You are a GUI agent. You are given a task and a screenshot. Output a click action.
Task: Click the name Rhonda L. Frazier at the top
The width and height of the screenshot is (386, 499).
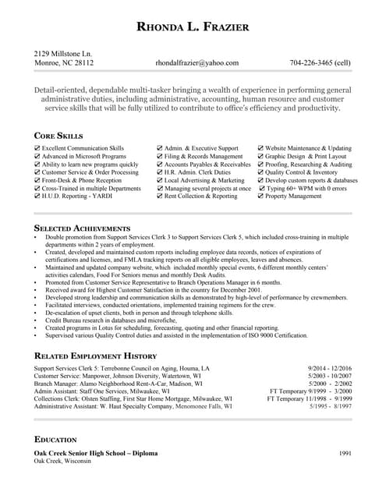[193, 28]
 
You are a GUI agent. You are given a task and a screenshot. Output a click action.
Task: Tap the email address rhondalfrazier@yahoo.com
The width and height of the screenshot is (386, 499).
[197, 63]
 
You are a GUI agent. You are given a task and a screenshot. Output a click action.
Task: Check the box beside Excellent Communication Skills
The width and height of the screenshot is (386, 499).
[38, 147]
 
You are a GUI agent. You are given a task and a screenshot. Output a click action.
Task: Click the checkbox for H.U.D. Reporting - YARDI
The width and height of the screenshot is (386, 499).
[38, 196]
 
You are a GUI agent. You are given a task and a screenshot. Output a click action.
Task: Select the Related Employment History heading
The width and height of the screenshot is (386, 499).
[102, 356]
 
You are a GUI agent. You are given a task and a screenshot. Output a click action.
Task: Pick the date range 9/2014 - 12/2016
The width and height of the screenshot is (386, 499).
[330, 368]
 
